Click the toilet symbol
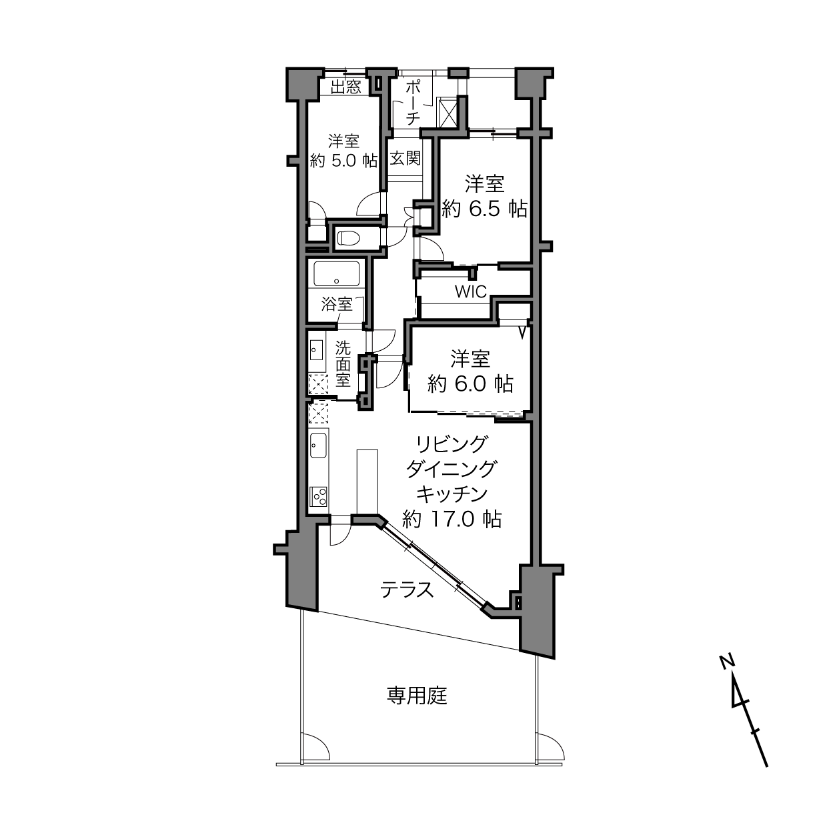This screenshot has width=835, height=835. pyautogui.click(x=349, y=237)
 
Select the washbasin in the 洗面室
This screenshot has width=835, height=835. pyautogui.click(x=316, y=350)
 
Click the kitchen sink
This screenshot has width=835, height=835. pyautogui.click(x=319, y=446)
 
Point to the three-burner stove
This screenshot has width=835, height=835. pyautogui.click(x=319, y=496)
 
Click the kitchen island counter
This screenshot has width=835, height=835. pyautogui.click(x=367, y=482)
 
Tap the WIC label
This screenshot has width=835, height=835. pyautogui.click(x=471, y=291)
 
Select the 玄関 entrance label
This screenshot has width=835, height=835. pyautogui.click(x=405, y=158)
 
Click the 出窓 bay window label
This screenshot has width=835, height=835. pyautogui.click(x=345, y=87)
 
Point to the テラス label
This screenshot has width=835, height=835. pyautogui.click(x=406, y=590)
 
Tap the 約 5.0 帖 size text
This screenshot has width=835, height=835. pyautogui.click(x=343, y=161)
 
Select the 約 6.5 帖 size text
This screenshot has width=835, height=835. pyautogui.click(x=484, y=209)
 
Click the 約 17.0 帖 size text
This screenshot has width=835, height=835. pyautogui.click(x=452, y=519)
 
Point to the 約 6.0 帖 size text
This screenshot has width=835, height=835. pyautogui.click(x=470, y=384)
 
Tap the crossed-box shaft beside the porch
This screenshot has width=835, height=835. pyautogui.click(x=448, y=113)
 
